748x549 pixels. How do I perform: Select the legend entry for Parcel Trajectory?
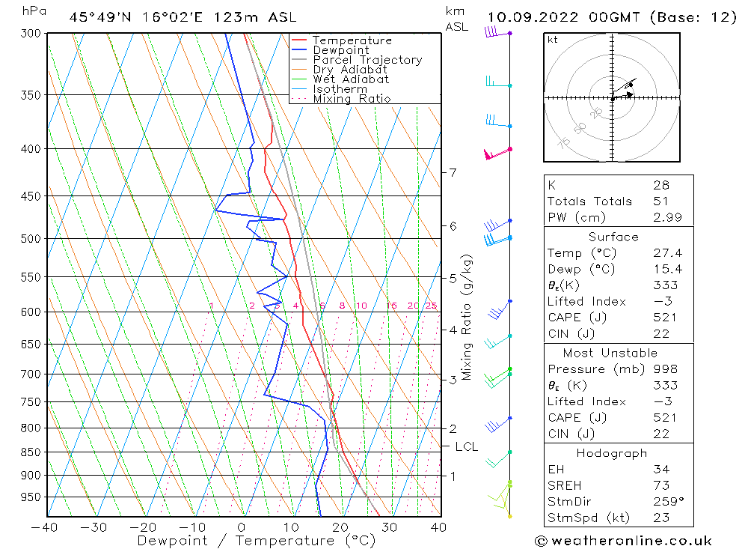[367, 60]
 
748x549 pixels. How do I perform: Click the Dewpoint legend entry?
[341, 50]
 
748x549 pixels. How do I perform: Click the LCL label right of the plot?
[466, 447]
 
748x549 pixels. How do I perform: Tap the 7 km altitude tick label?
[453, 173]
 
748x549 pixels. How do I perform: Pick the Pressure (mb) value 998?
[665, 369]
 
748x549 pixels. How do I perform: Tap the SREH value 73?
[660, 485]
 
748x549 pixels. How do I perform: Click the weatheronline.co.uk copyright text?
[624, 541]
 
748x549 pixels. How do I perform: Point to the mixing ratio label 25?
[431, 306]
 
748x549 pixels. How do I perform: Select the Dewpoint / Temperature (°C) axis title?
[257, 540]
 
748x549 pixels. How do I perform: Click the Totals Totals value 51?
[660, 201]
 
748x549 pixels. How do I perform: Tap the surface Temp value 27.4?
[667, 254]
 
